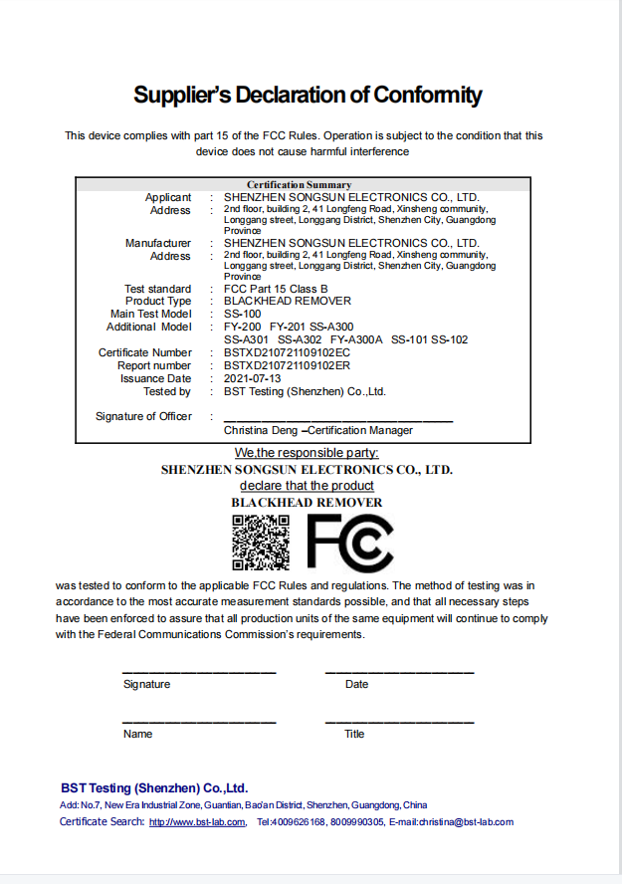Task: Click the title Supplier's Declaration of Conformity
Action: [308, 96]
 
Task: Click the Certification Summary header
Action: [299, 184]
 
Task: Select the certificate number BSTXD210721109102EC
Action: [287, 352]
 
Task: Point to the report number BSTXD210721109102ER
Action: [287, 365]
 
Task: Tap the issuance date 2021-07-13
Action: [253, 378]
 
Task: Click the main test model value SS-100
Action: [243, 314]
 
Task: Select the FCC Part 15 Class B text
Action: [276, 288]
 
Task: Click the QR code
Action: [262, 543]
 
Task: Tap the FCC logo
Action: [349, 543]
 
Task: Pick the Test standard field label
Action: [157, 288]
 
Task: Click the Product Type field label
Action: [158, 301]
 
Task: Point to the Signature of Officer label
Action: [143, 416]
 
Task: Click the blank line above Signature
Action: [199, 672]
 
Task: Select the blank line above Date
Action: [399, 672]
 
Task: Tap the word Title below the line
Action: [354, 734]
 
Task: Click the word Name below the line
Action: [137, 734]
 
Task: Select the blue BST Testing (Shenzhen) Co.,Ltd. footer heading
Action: [153, 786]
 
